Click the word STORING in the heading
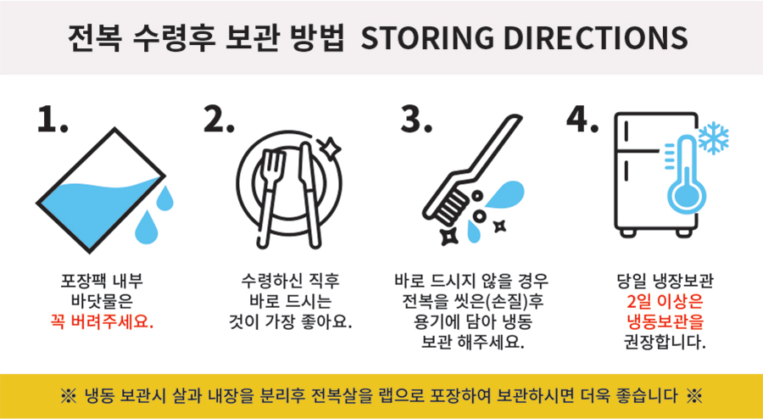427,38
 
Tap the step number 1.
52,119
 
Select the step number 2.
219,119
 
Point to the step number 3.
416,119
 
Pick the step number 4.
582,119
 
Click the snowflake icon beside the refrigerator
713,138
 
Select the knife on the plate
309,195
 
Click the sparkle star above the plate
330,148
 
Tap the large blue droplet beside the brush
504,193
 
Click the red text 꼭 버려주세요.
102,322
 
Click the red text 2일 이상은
665,302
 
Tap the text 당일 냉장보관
665,282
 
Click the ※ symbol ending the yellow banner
694,396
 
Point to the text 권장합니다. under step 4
665,343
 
